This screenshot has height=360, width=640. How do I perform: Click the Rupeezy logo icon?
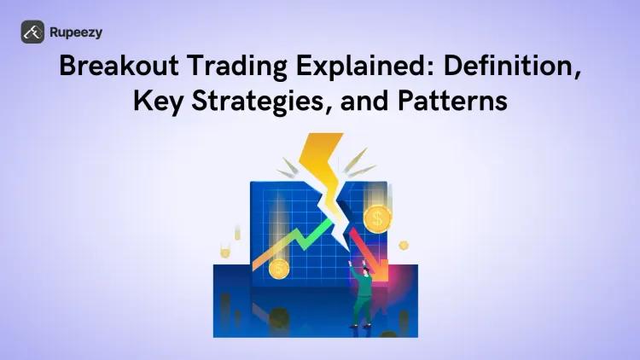click(x=33, y=32)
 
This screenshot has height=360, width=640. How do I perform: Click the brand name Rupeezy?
click(x=77, y=32)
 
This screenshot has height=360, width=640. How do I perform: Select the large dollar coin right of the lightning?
click(x=376, y=220)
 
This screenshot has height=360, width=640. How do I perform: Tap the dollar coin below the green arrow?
click(x=277, y=270)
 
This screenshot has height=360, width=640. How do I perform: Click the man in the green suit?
click(x=362, y=294)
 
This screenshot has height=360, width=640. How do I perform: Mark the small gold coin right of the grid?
click(x=403, y=245)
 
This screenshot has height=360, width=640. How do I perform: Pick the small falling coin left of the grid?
click(x=225, y=251)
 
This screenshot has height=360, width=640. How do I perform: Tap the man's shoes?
click(x=361, y=325)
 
